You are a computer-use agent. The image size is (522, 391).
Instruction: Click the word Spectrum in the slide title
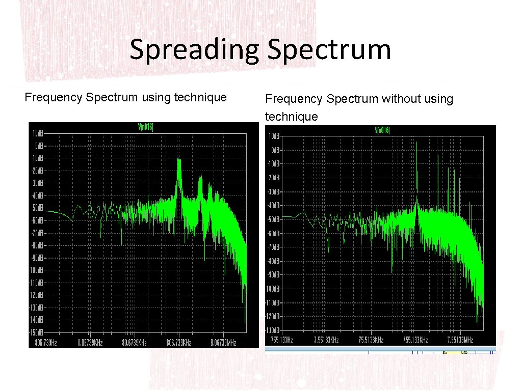point(329,50)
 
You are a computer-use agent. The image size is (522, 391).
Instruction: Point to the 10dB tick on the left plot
point(38,133)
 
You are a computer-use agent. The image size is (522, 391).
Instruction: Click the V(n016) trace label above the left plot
point(145,127)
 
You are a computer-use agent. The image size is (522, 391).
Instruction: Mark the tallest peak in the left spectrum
point(179,160)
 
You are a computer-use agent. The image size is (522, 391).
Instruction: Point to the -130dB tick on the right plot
point(273,330)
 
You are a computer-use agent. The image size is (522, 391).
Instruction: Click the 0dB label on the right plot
point(275,150)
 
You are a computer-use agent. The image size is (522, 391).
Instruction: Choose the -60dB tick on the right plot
point(274,233)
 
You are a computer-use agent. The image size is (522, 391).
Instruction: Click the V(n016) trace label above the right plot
point(382,131)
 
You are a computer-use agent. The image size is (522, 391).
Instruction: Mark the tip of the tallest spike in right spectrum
point(417,142)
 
